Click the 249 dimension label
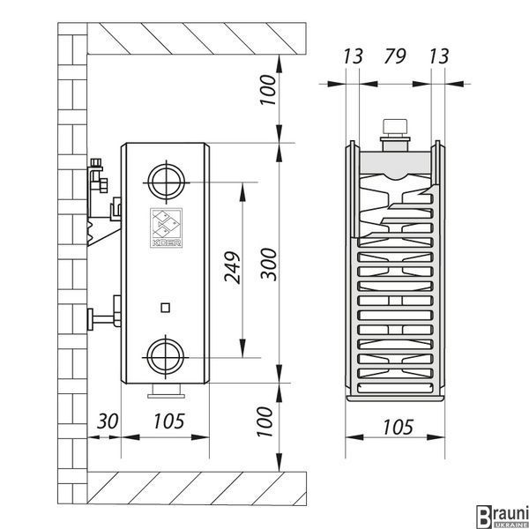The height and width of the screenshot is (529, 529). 233,267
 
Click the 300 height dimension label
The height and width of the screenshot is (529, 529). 269,264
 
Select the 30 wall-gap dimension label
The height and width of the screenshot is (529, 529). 108,421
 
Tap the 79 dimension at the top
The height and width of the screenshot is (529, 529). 394,56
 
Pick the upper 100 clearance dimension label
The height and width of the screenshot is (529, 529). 268,90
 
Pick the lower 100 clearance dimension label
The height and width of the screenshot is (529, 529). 264,421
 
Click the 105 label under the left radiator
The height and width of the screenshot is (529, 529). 169,421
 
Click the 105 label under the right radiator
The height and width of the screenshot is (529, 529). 399,427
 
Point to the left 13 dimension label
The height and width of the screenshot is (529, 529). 353,56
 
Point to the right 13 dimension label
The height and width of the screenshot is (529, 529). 439,56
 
